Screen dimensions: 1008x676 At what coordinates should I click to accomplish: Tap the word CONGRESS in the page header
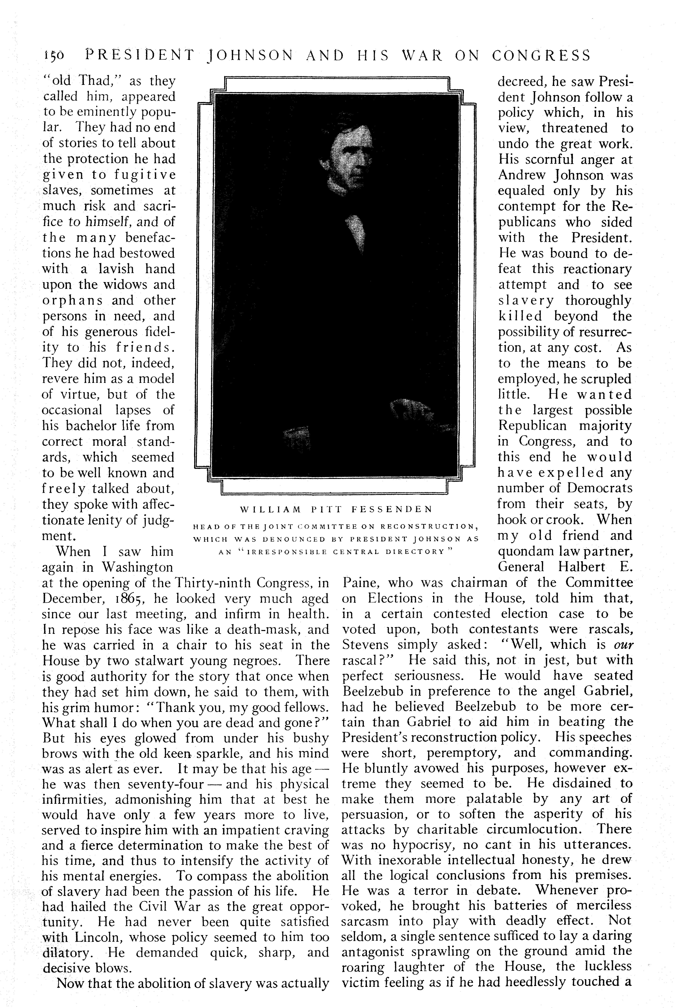pyautogui.click(x=541, y=56)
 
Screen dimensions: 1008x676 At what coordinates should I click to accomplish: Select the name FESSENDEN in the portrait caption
pyautogui.click(x=392, y=509)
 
